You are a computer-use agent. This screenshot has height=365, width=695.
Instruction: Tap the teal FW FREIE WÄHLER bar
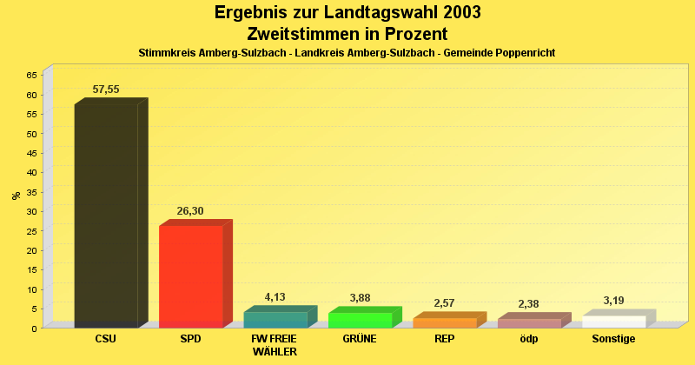tap(275, 319)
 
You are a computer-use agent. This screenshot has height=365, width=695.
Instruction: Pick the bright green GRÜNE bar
tap(360, 320)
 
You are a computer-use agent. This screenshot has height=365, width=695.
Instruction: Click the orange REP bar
tap(444, 322)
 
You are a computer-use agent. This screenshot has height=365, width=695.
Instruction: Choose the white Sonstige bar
tap(613, 322)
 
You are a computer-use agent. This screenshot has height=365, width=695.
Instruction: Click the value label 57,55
tap(106, 90)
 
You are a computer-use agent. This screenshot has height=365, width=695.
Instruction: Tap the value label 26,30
tap(191, 210)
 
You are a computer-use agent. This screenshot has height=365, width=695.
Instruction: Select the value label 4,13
tap(275, 297)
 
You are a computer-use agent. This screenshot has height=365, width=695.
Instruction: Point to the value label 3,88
tap(360, 298)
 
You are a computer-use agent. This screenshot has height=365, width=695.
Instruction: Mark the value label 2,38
tap(529, 303)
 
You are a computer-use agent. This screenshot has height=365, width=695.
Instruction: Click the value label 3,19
tap(613, 301)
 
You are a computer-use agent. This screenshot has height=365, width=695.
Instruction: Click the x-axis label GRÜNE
tap(360, 339)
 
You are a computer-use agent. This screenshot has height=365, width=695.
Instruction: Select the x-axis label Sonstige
tap(613, 339)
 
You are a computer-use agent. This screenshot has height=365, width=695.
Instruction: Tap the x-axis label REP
tap(444, 339)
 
